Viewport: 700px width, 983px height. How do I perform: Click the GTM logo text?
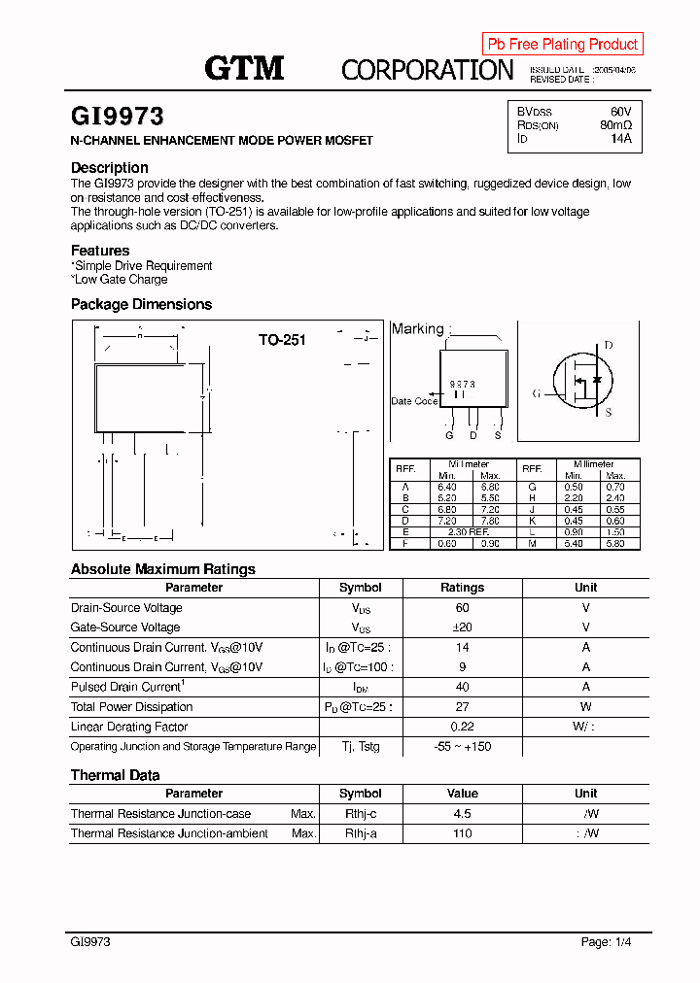click(244, 68)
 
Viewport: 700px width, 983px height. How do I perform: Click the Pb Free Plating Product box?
click(562, 44)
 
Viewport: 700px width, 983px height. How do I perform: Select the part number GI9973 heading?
click(118, 118)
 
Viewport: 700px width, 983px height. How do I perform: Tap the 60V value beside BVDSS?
click(620, 112)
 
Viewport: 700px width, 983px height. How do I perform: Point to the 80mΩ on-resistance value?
click(615, 125)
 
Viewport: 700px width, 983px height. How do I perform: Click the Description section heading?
click(110, 168)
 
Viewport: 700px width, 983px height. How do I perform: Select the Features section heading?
click(100, 251)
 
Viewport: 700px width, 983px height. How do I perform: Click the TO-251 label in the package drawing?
click(282, 340)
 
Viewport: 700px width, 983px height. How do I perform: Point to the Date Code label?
click(414, 401)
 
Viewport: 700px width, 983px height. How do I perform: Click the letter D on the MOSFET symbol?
click(609, 346)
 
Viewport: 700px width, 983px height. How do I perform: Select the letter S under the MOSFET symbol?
click(609, 413)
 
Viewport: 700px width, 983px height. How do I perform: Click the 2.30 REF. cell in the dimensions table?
click(468, 533)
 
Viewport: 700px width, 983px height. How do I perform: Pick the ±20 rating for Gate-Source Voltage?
click(462, 627)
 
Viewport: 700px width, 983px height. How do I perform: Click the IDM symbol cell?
click(360, 688)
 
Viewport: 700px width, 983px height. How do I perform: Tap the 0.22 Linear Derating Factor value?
click(462, 727)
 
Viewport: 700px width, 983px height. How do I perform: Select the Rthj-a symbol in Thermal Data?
click(360, 833)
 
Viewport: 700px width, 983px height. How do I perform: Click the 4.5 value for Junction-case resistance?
click(462, 814)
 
